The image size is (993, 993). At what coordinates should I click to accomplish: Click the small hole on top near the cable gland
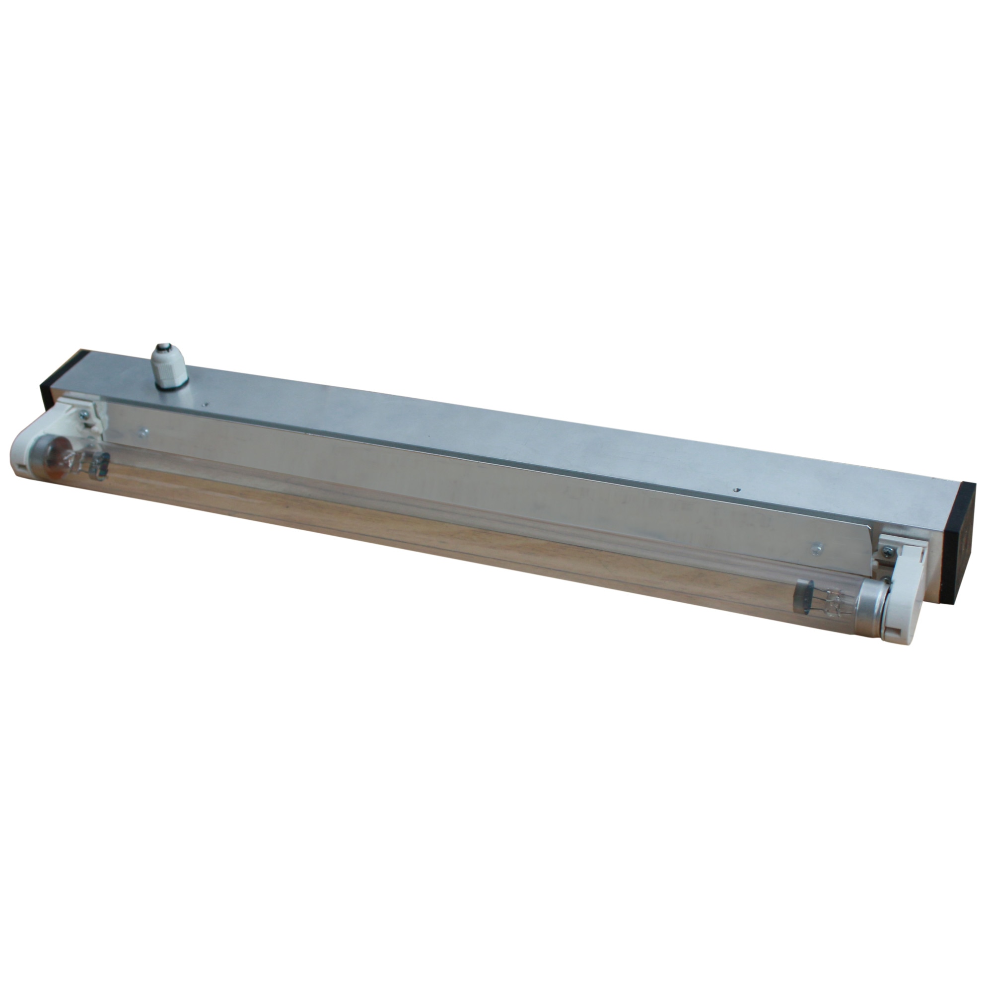pos(205,404)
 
